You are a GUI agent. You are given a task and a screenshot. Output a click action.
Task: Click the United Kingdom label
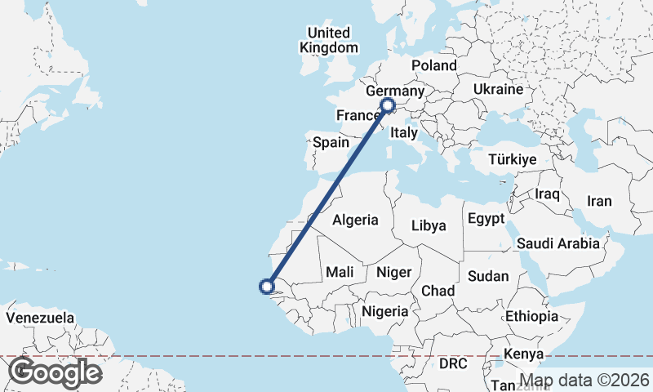point(328,40)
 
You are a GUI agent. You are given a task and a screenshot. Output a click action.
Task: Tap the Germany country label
point(395,91)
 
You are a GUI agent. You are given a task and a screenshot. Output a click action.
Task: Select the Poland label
point(434,65)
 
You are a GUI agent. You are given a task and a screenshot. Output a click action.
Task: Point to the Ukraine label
point(497,88)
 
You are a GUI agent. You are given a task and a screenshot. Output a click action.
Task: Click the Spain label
point(331,142)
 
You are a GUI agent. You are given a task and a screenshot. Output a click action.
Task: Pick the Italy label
point(404,132)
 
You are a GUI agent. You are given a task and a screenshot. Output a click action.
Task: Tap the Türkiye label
point(513,159)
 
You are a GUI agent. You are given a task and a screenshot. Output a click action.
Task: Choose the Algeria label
point(356,220)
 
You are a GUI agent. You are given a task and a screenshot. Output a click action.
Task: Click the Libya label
point(429,225)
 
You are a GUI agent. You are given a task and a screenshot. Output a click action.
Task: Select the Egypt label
point(487,219)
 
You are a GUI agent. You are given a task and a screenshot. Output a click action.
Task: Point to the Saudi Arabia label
point(558,243)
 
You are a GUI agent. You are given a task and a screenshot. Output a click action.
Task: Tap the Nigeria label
point(384,311)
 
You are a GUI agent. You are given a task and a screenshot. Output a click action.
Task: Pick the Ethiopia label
point(531,316)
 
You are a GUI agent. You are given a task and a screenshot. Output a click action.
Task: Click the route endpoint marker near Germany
point(388,105)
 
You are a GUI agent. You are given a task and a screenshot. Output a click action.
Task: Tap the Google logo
point(54,372)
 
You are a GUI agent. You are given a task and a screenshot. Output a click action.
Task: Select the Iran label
point(599,201)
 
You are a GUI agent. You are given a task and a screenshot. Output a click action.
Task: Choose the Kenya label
point(523,354)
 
